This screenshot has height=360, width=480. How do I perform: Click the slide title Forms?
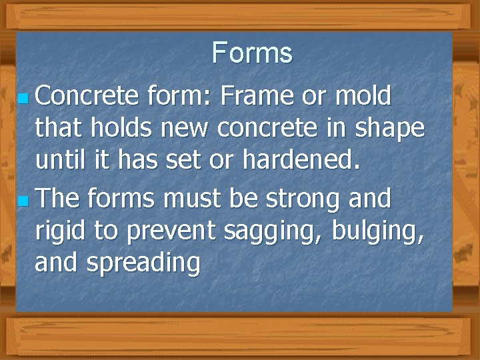point(252,53)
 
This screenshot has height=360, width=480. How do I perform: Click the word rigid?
point(61,231)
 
